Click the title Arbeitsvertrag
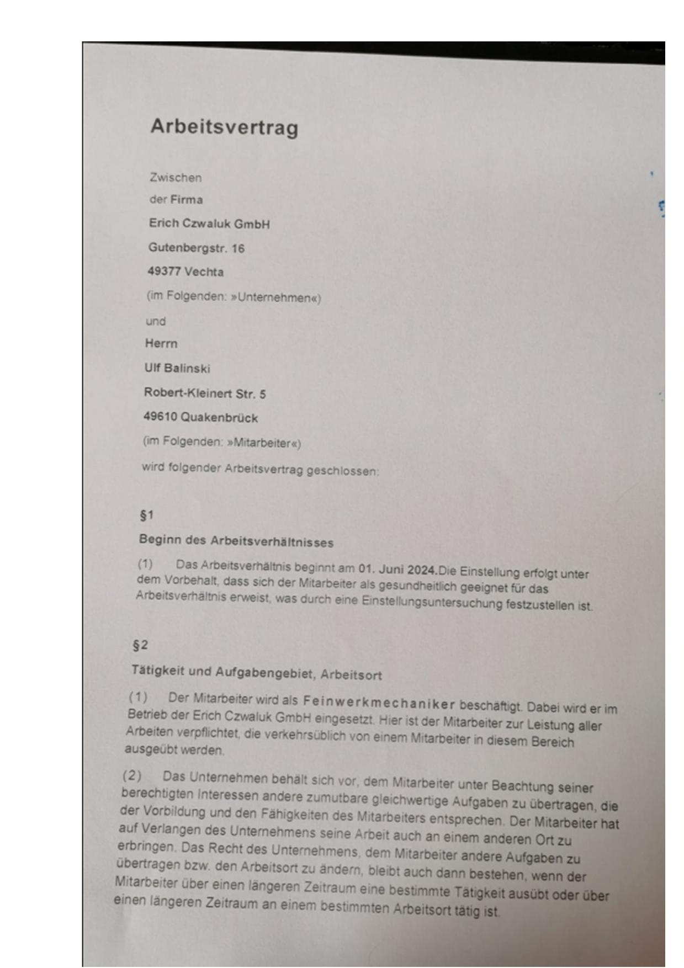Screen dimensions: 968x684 coord(224,127)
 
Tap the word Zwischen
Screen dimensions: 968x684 coord(176,178)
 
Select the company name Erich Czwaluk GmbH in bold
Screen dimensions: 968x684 coord(209,224)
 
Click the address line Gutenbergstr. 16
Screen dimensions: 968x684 coord(196,248)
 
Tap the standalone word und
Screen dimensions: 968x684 coord(156,321)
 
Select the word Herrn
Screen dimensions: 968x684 coord(161,344)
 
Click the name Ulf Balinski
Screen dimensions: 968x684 coord(177,368)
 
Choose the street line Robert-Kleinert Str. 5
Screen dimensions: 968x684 coord(205,393)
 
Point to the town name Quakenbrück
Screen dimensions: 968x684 coord(219,418)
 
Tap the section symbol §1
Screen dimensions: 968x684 coord(146,515)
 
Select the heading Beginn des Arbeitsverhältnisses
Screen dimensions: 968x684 coord(236,541)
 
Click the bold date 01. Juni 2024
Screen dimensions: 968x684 coord(397,570)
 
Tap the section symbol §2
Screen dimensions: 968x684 coord(140,645)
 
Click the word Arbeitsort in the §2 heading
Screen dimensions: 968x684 coord(351,675)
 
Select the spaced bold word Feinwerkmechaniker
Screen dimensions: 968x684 coord(379,704)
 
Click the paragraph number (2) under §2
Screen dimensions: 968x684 coord(132,775)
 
